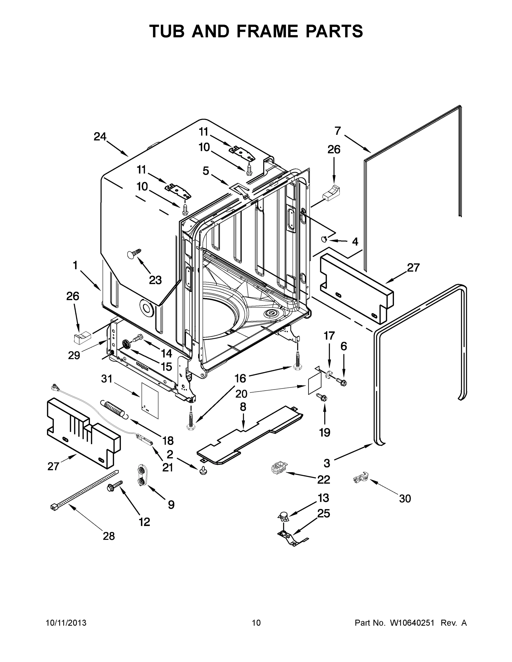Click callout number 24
click(100, 137)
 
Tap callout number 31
click(107, 379)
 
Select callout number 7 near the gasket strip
click(338, 131)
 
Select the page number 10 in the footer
click(256, 623)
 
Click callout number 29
click(74, 355)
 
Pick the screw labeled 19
click(322, 397)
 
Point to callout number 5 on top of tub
click(206, 171)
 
